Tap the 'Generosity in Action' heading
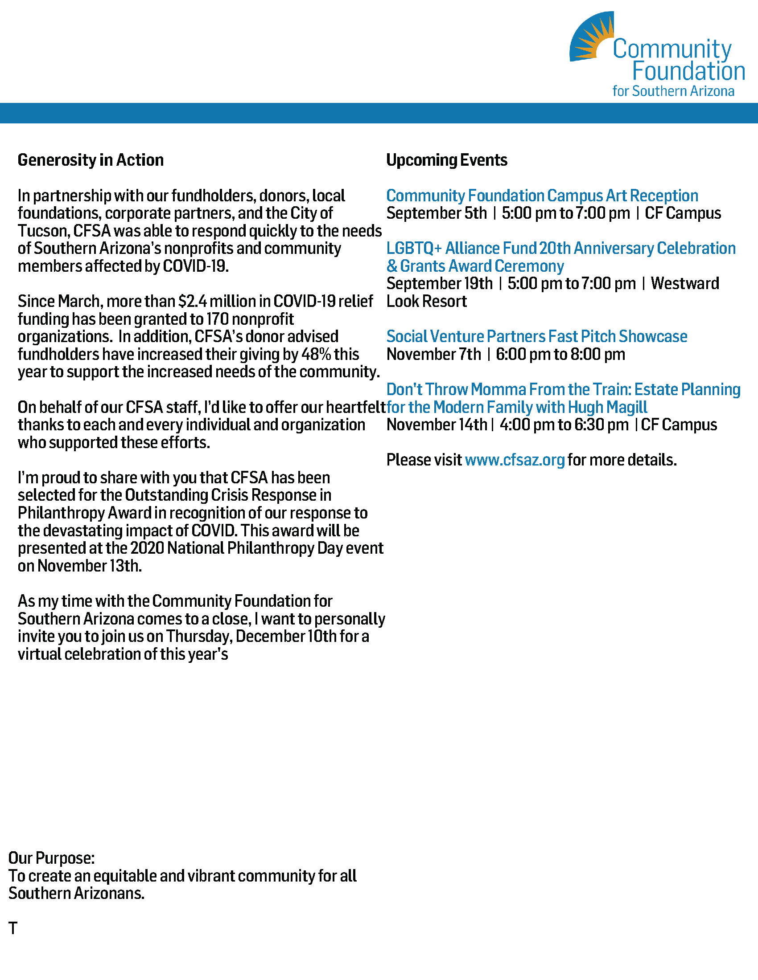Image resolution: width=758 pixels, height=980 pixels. coord(90,160)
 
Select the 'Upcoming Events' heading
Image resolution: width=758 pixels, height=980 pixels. coord(446,160)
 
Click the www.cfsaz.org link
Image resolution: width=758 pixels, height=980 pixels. coord(515,460)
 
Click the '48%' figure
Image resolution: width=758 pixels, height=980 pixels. coord(316,354)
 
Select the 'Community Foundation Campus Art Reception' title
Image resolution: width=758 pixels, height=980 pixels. coord(542,196)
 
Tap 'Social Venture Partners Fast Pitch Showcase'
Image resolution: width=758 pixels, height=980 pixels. coord(536,336)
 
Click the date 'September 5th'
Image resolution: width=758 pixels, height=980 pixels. coord(436,213)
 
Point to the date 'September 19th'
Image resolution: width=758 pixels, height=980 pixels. coord(439,284)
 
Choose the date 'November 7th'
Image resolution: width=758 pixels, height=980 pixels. coord(433,354)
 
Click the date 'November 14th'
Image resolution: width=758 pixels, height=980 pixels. coord(437,425)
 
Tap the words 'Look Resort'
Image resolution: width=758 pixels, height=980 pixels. coord(426,301)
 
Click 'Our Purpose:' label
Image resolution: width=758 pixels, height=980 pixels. coord(51,858)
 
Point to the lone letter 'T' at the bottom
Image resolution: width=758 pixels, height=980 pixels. coord(12,928)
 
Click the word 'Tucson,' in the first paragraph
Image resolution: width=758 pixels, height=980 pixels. coord(44,231)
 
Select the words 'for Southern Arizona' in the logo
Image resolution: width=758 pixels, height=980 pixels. coord(673,91)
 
